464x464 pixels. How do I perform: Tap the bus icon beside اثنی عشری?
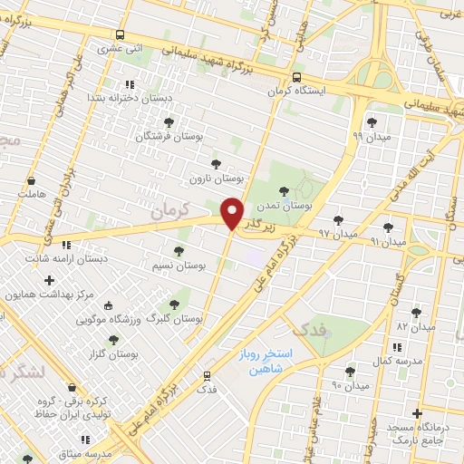pyautogui.click(x=121, y=34)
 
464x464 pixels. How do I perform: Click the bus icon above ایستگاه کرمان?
pyautogui.click(x=298, y=77)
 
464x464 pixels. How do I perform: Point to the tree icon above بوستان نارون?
pyautogui.click(x=215, y=164)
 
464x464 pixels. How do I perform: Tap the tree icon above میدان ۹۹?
pyautogui.click(x=371, y=121)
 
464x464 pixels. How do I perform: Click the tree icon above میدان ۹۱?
pyautogui.click(x=389, y=227)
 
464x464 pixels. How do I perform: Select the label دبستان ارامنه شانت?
pyautogui.click(x=64, y=258)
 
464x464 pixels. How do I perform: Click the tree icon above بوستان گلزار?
pyautogui.click(x=113, y=340)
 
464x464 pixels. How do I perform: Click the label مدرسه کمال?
pyautogui.click(x=396, y=361)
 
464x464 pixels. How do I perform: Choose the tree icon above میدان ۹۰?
pyautogui.click(x=350, y=372)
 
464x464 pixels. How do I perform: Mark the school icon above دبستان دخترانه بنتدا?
pyautogui.click(x=130, y=83)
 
